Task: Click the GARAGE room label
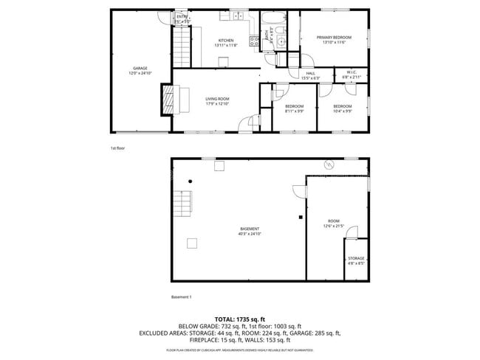tap(140, 68)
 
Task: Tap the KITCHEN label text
tap(225, 41)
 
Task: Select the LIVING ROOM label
tap(218, 99)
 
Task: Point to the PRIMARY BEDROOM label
tap(334, 38)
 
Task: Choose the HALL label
tap(311, 73)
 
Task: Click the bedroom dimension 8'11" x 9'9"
tap(295, 111)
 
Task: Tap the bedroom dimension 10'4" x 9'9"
tap(342, 111)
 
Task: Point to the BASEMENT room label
tap(249, 229)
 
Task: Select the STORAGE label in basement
tap(356, 258)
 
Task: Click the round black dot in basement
tap(191, 181)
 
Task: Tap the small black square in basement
tap(300, 218)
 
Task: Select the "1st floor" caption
tap(118, 148)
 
